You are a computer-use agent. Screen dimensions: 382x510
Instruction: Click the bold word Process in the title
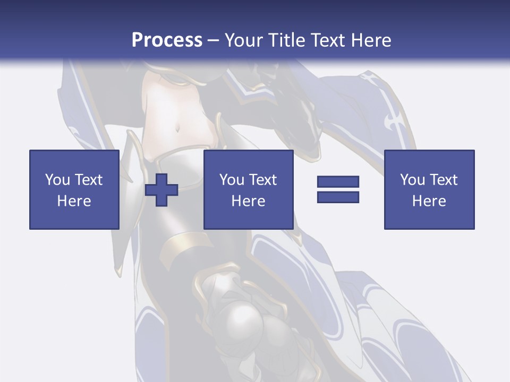coord(167,40)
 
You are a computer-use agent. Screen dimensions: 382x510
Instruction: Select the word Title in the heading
coord(289,40)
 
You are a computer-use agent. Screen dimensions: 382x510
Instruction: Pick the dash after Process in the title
coord(213,41)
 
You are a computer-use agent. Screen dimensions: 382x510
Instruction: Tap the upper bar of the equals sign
coord(338,182)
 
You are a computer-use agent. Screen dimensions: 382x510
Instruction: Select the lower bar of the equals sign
coord(338,197)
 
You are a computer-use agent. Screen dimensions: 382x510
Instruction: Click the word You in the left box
coord(57,180)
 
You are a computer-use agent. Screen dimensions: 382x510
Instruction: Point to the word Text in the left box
coord(88,180)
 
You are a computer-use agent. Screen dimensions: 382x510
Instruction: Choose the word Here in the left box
coord(74,201)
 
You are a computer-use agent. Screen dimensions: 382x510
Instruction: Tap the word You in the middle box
coord(232,180)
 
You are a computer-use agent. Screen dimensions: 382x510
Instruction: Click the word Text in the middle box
coord(262,180)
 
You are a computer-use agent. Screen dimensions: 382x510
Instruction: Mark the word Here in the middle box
coord(248,201)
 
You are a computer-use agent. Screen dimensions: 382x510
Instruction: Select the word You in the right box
coord(412,180)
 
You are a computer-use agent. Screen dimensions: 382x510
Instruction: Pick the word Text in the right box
coord(443,180)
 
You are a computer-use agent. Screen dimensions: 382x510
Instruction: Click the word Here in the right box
coord(429,201)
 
